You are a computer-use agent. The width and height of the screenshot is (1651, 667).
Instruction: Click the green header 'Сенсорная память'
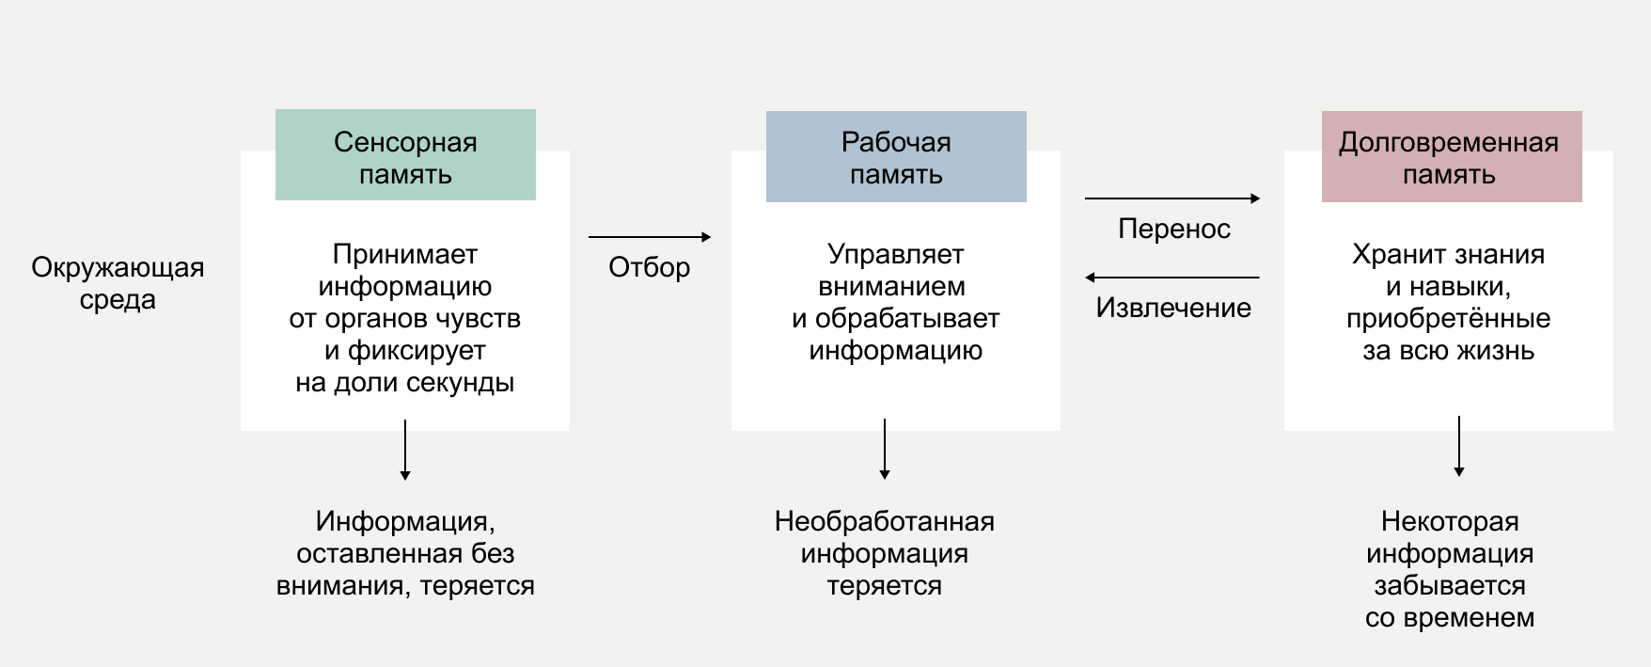(405, 155)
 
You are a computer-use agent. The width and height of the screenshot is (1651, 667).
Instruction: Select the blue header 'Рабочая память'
(896, 157)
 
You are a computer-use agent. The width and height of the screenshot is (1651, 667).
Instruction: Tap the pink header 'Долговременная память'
(1451, 157)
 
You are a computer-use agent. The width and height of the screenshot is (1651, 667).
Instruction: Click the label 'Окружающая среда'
(118, 283)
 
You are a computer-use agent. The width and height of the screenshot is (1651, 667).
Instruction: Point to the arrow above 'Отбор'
(650, 237)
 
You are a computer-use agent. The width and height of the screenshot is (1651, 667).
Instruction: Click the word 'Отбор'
(650, 268)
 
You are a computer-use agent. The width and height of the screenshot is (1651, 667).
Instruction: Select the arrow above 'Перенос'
(1172, 199)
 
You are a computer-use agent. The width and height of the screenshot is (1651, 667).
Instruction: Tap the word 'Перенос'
(1174, 230)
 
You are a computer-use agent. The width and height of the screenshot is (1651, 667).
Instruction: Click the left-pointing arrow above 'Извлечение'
(1172, 278)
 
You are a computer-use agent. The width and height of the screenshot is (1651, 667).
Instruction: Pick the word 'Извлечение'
(1173, 309)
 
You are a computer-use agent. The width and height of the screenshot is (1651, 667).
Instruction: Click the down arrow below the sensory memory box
(405, 450)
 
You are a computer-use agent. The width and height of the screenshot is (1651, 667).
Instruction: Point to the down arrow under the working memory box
(885, 449)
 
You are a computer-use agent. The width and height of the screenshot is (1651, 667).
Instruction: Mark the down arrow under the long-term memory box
(1459, 446)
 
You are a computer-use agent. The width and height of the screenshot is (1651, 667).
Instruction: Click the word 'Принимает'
(405, 255)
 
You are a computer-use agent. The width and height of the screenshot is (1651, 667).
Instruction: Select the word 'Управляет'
(896, 255)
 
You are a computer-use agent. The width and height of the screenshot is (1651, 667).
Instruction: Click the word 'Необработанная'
(885, 522)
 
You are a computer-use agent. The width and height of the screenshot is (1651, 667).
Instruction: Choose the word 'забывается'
(1450, 586)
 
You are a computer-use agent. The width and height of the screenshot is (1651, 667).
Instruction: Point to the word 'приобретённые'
(1449, 319)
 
